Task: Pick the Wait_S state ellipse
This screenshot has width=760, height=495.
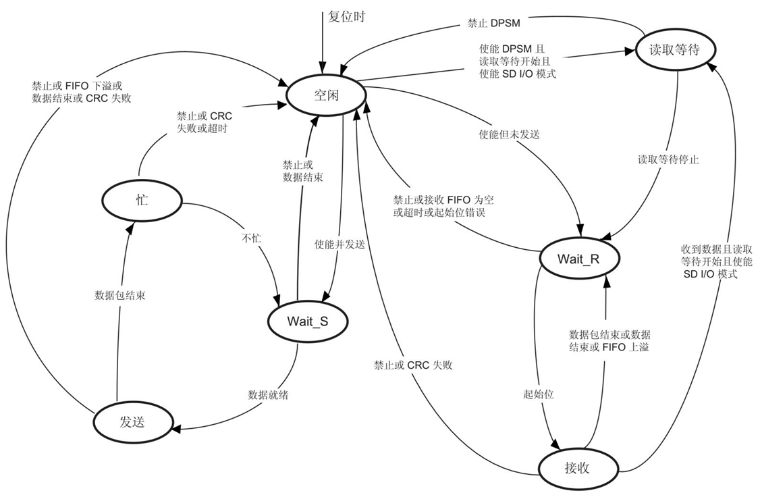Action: [308, 321]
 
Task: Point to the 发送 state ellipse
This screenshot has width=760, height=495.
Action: [132, 422]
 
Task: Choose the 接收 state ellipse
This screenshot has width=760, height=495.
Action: [579, 467]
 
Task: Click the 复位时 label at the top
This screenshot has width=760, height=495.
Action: [346, 16]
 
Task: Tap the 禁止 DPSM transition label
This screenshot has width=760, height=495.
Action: [491, 24]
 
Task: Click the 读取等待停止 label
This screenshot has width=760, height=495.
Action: [668, 160]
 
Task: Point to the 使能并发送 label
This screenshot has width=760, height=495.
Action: [340, 244]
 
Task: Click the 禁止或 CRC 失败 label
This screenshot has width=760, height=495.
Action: [414, 365]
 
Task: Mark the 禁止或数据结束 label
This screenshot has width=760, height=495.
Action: [302, 171]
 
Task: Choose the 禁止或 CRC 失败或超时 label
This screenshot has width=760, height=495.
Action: [200, 122]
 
